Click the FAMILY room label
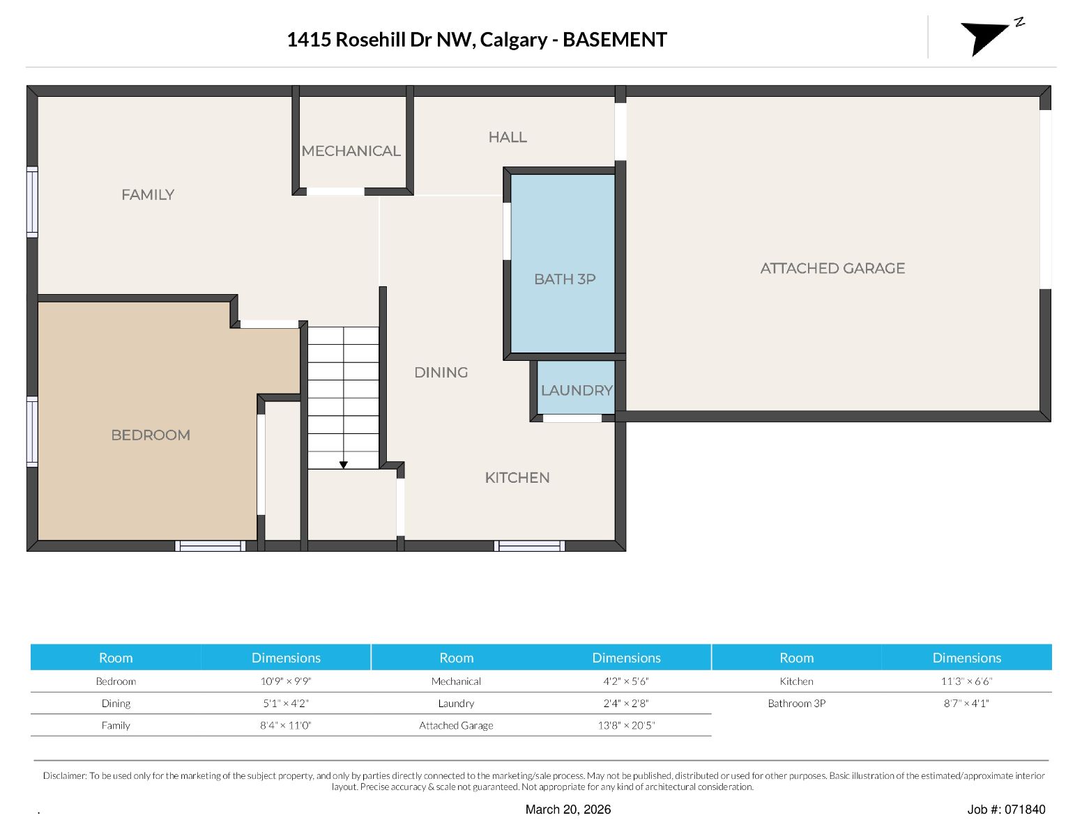[x=148, y=194]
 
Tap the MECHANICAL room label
[x=351, y=150]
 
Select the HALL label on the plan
[x=508, y=137]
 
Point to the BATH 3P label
[x=565, y=279]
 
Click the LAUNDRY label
[x=577, y=390]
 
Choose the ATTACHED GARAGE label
[x=832, y=268]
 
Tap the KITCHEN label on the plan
[x=517, y=477]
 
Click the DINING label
[x=441, y=373]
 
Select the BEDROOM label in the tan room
[x=151, y=435]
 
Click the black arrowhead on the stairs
[x=344, y=465]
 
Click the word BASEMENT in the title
[x=615, y=40]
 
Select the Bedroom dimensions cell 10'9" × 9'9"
[x=286, y=681]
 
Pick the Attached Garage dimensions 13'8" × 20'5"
[x=626, y=726]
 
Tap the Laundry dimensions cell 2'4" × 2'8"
[x=626, y=703]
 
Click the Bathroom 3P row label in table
[x=797, y=703]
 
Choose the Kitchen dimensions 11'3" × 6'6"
[x=966, y=681]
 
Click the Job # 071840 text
[x=1006, y=809]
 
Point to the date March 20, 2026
[x=568, y=810]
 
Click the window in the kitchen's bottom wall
[x=529, y=546]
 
